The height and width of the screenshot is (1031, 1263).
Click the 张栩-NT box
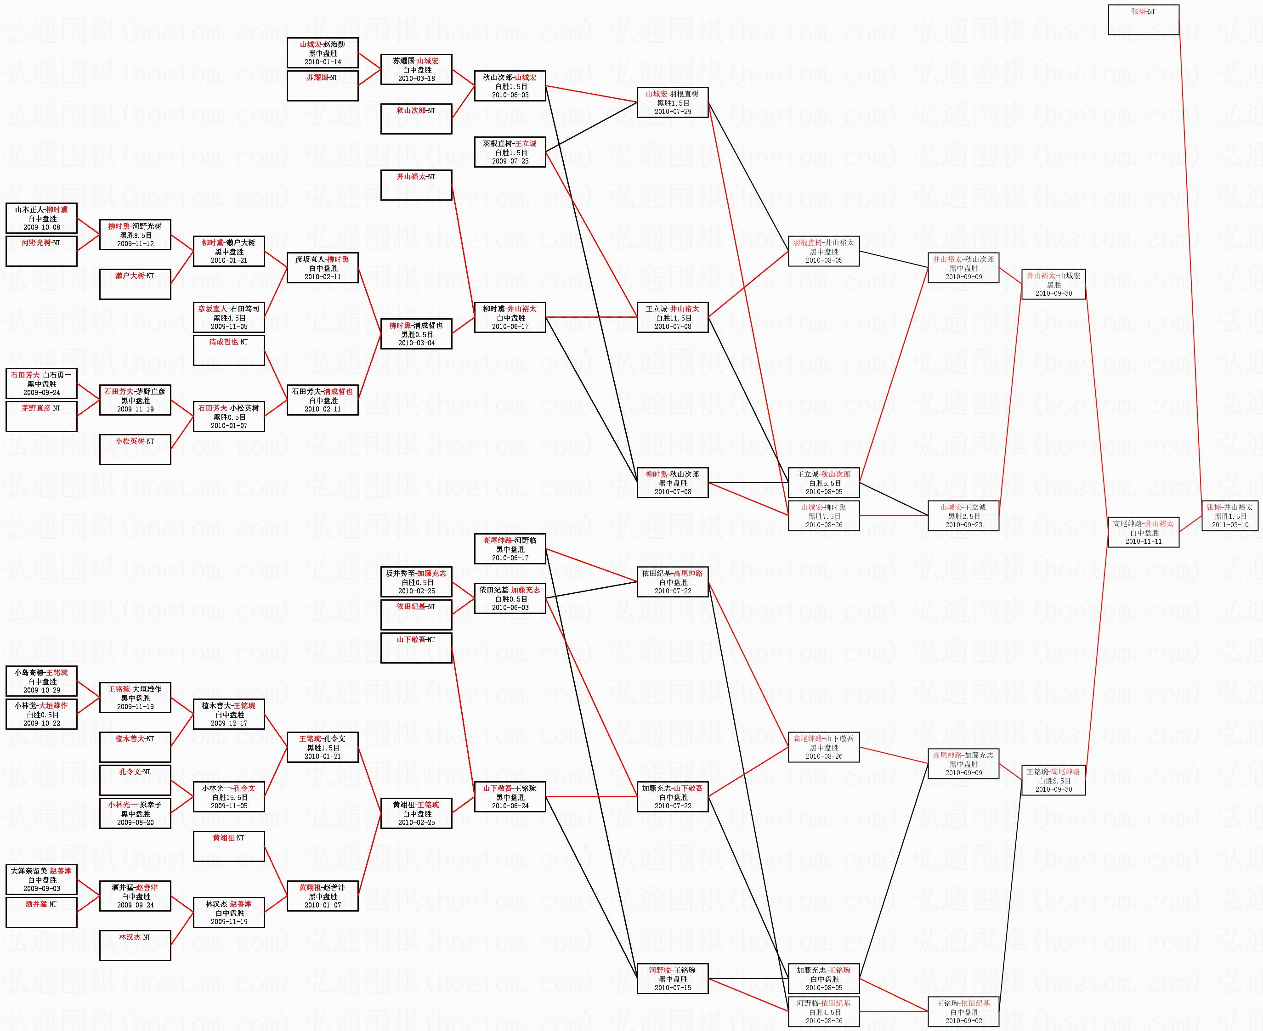pos(1143,20)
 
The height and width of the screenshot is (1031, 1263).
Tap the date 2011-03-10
pos(1229,525)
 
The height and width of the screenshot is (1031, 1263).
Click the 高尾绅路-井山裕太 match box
pos(1143,533)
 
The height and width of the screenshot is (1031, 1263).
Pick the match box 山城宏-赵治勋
pos(323,53)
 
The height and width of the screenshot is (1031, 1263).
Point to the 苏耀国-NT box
pos(323,86)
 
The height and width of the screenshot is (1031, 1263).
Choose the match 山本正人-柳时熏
pos(42,218)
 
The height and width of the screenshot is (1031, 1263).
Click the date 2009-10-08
pos(42,227)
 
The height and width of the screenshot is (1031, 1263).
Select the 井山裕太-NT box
pos(416,185)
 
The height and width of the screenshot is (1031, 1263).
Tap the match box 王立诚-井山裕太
pos(673,317)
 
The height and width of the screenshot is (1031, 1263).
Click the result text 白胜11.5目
pos(673,318)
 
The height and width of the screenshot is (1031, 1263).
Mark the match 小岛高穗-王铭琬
pos(42,681)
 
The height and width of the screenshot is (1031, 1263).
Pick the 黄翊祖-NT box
pos(229,846)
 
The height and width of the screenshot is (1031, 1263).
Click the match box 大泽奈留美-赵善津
pos(42,879)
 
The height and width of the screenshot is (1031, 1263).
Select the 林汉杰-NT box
pos(135,946)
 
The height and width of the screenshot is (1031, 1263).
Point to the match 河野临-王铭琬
pos(673,979)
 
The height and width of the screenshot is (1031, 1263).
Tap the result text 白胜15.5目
pos(229,797)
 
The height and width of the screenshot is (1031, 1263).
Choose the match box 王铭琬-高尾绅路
pos(1053,780)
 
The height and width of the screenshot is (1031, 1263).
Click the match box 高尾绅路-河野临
pos(510,549)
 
